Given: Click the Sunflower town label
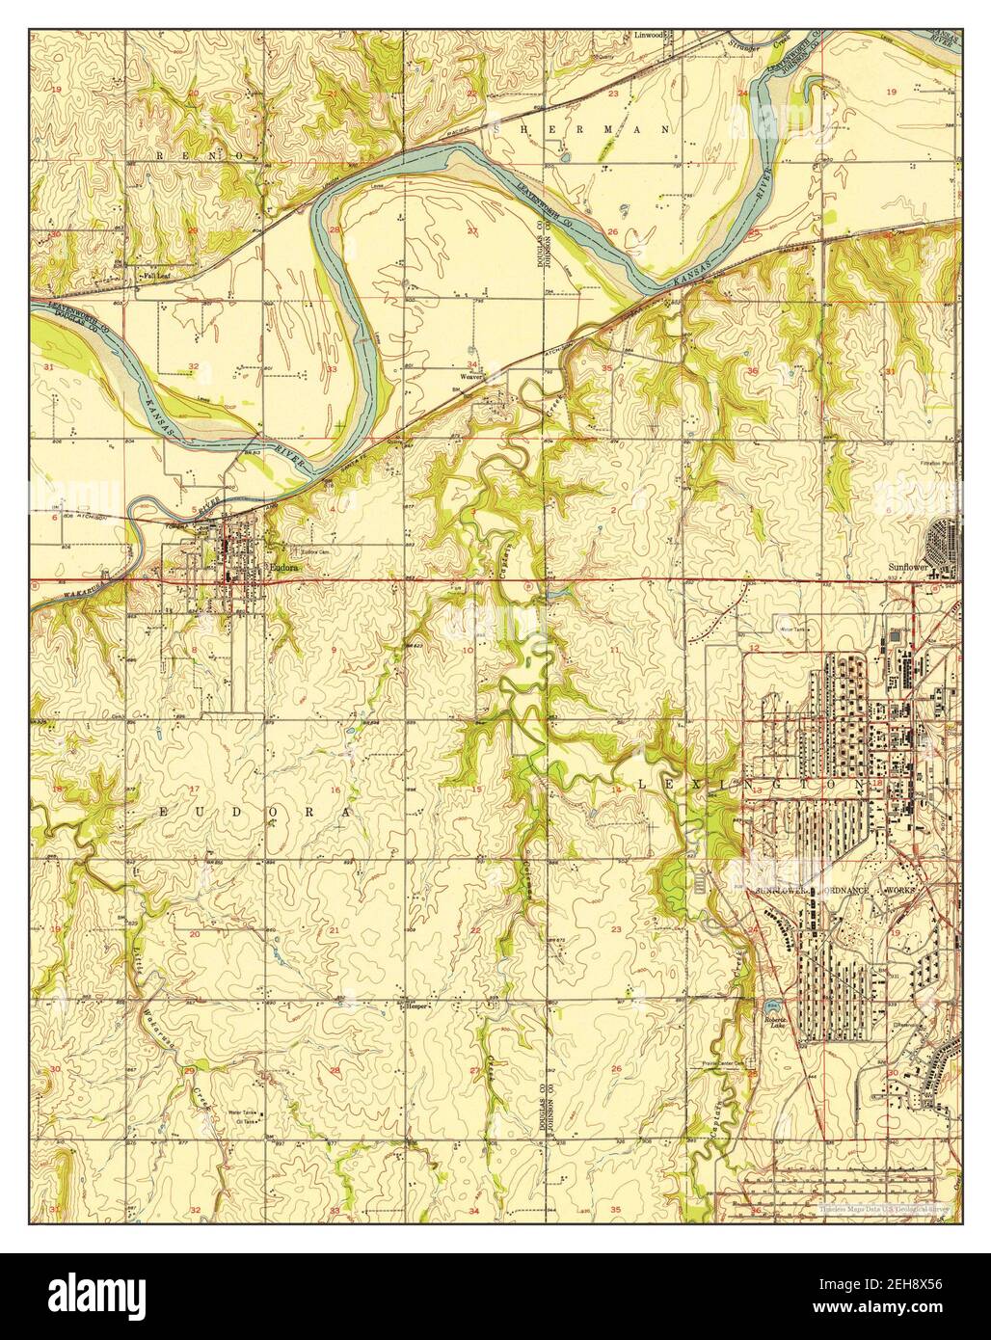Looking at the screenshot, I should click(x=906, y=568).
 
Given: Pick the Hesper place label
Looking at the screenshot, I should click(x=415, y=1005).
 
